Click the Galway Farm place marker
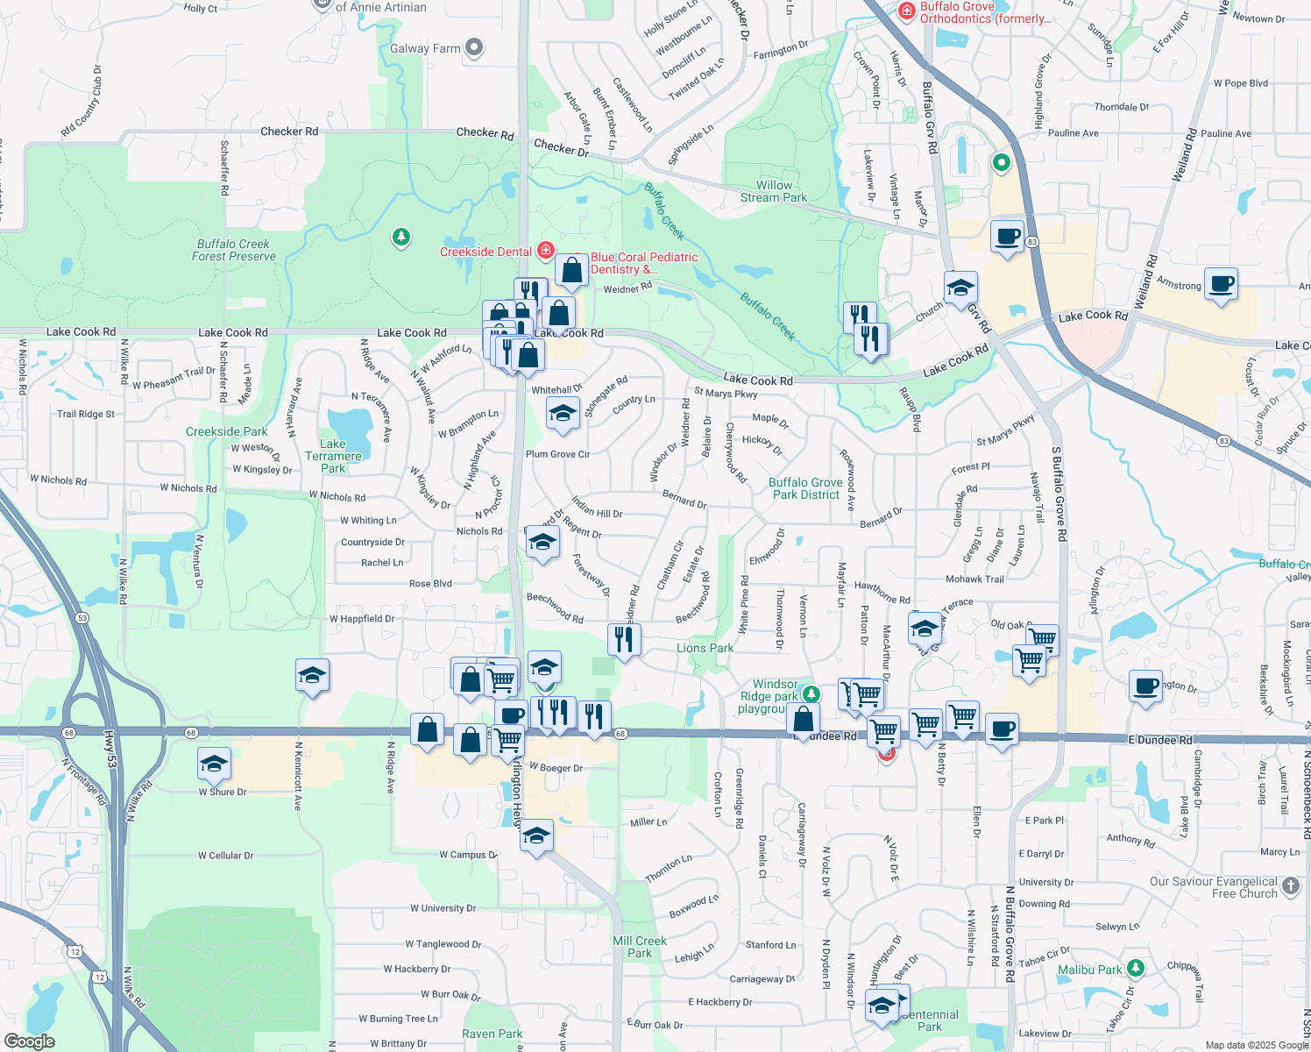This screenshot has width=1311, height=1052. (474, 47)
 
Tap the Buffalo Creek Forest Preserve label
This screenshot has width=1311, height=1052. (234, 251)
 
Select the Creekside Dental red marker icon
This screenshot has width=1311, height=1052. (545, 252)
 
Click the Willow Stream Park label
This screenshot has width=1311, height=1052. (774, 191)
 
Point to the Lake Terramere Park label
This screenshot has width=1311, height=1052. (333, 456)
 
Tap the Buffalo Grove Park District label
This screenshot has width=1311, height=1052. (805, 488)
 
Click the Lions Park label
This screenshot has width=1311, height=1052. (705, 648)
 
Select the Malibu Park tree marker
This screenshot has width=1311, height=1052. (1136, 968)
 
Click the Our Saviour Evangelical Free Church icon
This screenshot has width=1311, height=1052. (1291, 886)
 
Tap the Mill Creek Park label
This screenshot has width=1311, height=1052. (640, 947)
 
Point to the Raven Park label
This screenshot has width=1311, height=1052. (492, 1034)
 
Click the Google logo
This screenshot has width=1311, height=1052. (30, 1041)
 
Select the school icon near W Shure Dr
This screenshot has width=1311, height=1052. (215, 764)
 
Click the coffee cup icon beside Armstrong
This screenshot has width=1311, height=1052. (1221, 284)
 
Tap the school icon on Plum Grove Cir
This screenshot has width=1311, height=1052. (563, 413)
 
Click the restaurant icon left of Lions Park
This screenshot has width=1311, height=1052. (624, 639)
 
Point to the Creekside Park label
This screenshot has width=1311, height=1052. (227, 431)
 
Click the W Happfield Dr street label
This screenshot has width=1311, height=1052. (362, 619)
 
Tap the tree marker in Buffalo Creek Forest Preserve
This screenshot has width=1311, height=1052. (401, 237)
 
